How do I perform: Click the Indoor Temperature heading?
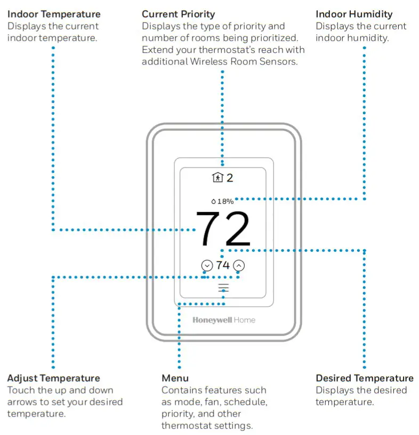54,14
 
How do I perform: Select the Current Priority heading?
178,14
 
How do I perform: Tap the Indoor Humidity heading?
354,14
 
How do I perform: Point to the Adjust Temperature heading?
53,378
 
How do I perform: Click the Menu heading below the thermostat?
175,378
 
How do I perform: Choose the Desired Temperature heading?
365,378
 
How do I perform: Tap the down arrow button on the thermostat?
207,265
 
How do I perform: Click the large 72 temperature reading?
223,229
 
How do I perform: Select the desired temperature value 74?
223,265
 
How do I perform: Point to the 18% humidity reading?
225,201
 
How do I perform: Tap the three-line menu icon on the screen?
223,288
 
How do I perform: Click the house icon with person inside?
217,178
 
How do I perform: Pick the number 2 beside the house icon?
230,178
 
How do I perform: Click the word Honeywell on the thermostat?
212,320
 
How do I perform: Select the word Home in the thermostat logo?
244,320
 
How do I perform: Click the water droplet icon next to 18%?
214,201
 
